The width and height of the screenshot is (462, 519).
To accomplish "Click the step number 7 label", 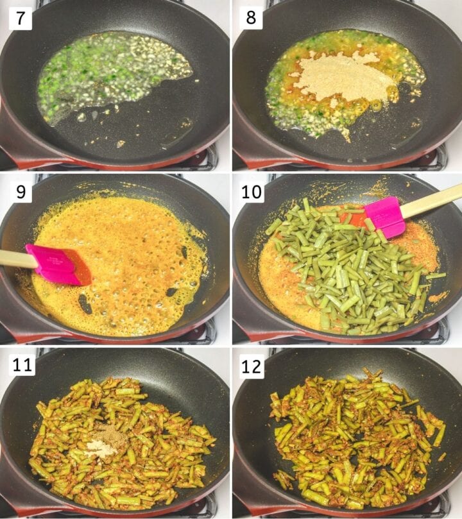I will tap(19, 18).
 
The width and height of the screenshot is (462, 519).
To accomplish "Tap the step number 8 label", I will tap(251, 18).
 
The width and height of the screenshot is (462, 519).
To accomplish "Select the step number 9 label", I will tap(19, 191).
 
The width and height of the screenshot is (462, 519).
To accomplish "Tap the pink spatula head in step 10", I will tap(384, 216).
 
